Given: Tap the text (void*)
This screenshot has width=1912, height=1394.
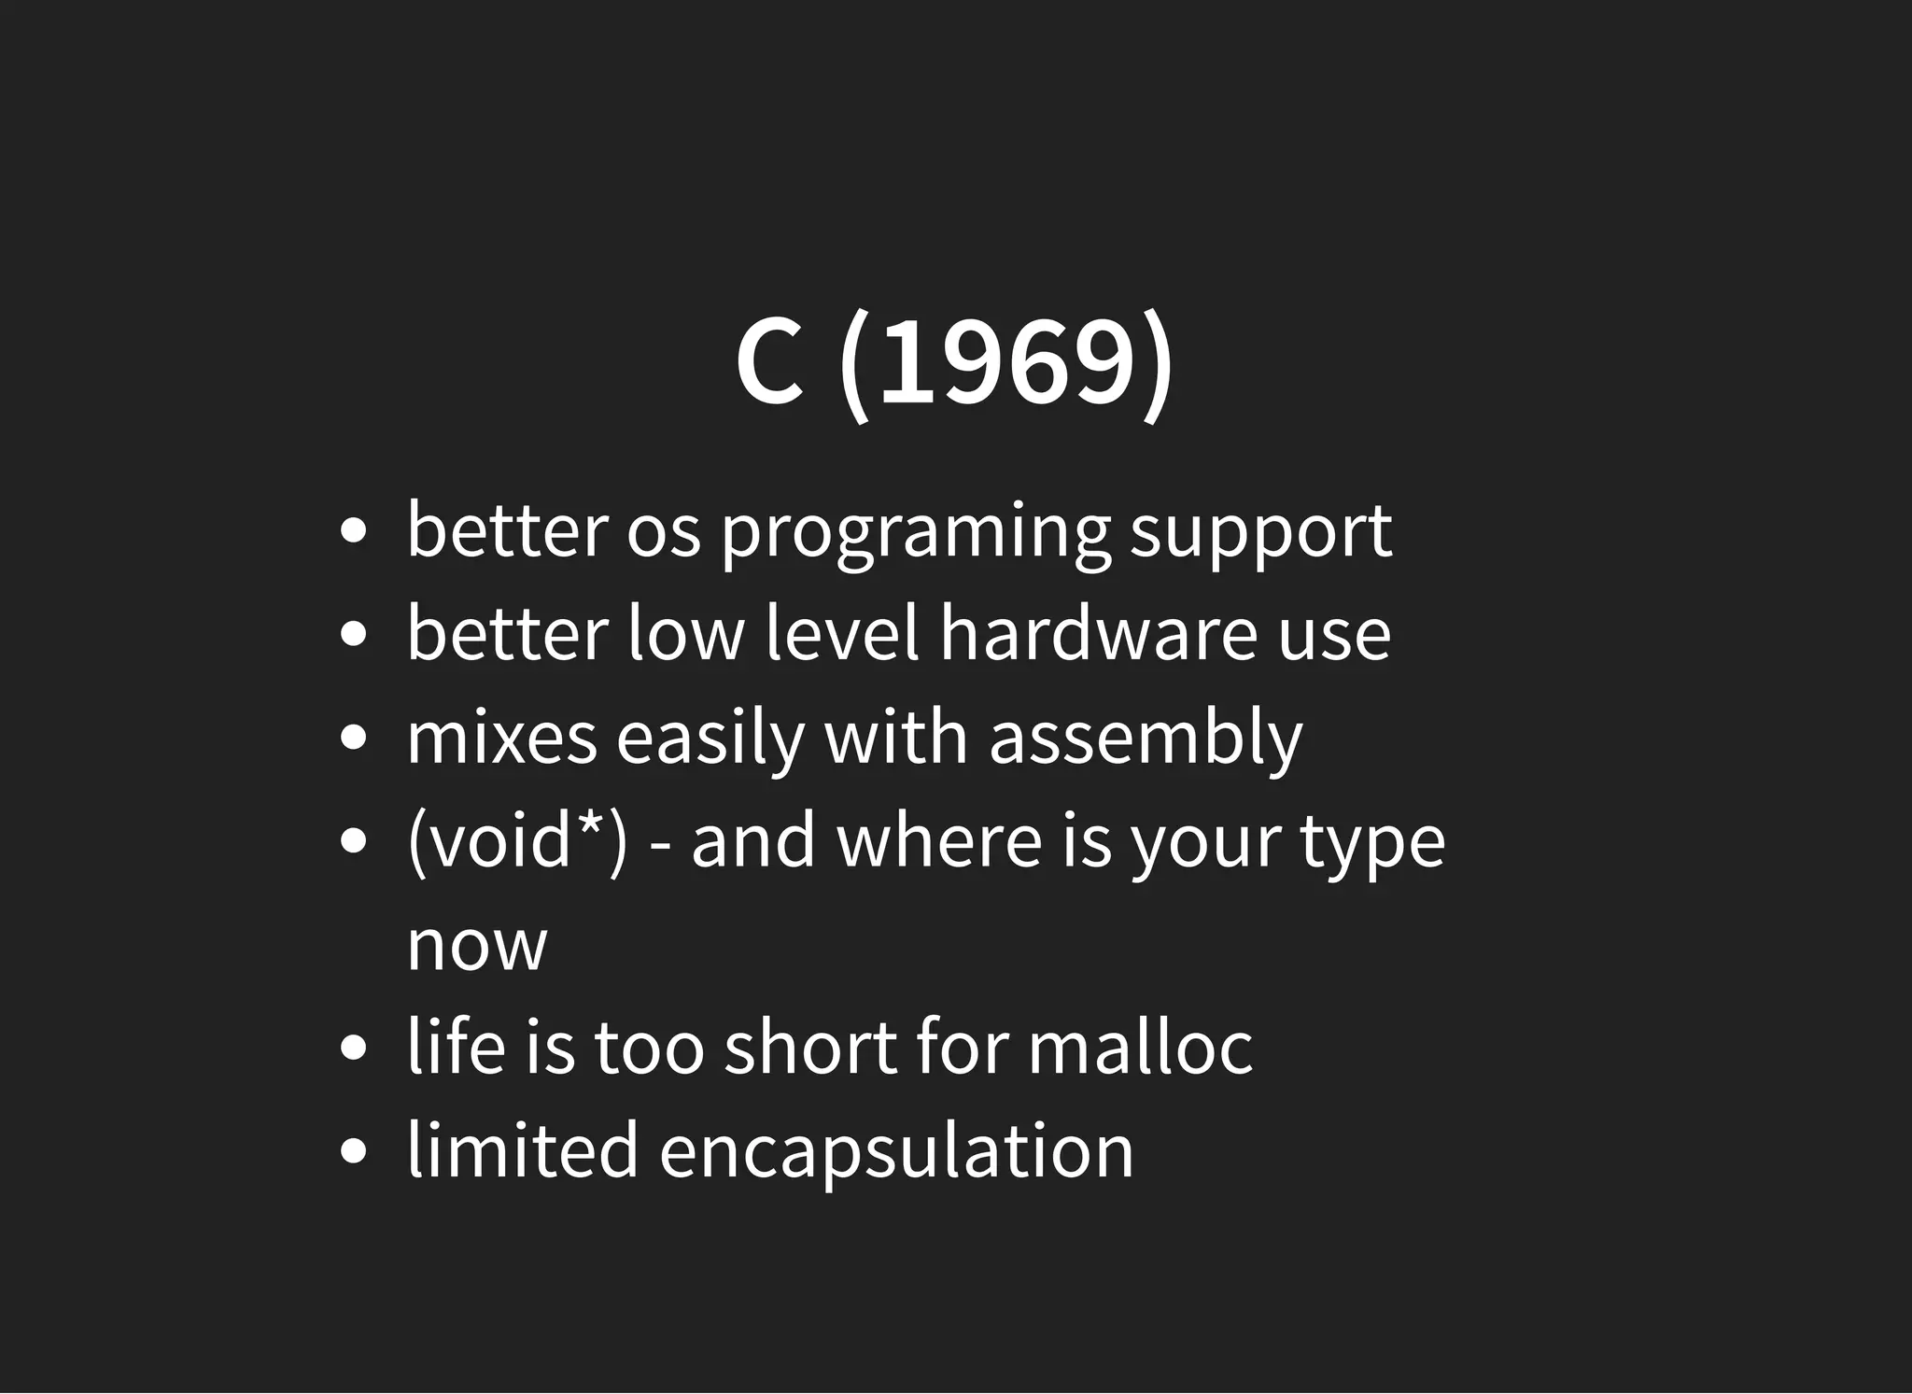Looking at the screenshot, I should click(517, 840).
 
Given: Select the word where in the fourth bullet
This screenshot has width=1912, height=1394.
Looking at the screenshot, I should click(938, 840).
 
